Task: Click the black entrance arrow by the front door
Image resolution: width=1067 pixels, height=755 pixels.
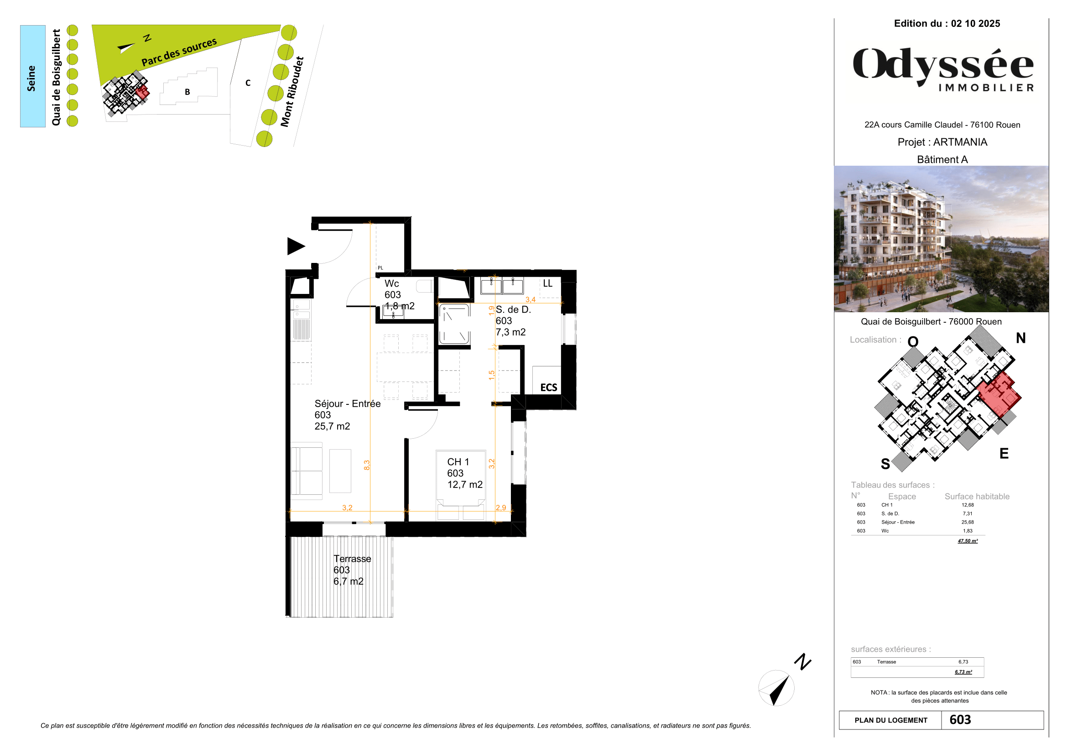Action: click(x=295, y=246)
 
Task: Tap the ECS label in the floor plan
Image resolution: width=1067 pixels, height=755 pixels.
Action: click(x=548, y=387)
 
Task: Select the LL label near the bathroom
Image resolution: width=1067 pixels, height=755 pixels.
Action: click(x=547, y=283)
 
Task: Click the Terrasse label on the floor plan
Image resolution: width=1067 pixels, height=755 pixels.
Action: click(x=352, y=558)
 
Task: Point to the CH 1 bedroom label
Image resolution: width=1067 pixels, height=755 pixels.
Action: click(x=458, y=461)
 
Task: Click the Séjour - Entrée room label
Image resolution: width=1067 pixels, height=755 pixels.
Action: click(x=347, y=404)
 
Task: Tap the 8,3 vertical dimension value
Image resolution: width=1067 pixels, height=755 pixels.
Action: click(x=367, y=464)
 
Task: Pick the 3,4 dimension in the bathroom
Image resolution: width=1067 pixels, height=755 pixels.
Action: click(x=530, y=299)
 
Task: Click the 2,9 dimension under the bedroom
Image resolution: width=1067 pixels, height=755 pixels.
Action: click(x=500, y=508)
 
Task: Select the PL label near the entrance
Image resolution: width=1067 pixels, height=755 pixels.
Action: click(x=380, y=268)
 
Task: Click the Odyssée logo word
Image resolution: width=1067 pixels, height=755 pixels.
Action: click(x=943, y=65)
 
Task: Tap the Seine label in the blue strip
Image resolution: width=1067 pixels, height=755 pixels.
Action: click(x=31, y=78)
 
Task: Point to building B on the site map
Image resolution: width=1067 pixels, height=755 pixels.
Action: click(x=187, y=92)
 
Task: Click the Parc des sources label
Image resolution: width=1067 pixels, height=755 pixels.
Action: click(x=179, y=52)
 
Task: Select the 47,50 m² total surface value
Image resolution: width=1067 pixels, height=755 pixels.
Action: click(x=968, y=540)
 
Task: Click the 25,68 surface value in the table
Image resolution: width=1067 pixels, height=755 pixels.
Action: click(x=968, y=522)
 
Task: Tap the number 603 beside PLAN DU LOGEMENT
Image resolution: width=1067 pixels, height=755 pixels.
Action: click(x=960, y=720)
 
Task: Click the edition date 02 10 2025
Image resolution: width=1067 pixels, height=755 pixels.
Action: click(x=975, y=24)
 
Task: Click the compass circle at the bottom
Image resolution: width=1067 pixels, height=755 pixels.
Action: click(x=776, y=687)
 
